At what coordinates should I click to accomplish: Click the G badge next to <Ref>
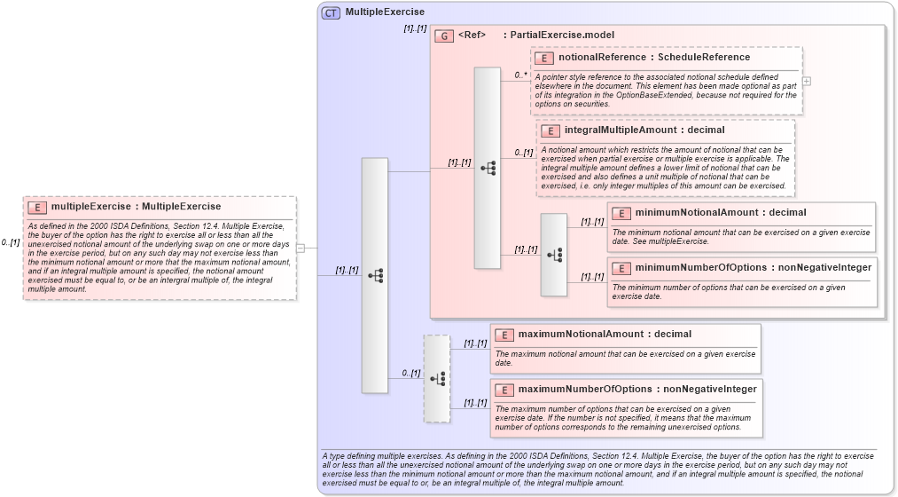444,35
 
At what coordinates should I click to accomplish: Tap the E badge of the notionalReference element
544,58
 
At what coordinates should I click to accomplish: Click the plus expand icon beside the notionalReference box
806,81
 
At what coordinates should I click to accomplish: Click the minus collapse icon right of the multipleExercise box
300,248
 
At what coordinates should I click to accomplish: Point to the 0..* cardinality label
522,75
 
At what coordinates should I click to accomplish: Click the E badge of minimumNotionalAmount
621,213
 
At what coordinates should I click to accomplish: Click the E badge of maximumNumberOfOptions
504,390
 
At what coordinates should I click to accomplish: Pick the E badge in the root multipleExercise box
37,207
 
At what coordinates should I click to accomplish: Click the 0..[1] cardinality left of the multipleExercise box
11,242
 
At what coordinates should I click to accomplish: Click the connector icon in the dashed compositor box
437,378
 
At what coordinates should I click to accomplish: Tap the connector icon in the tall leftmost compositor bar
375,275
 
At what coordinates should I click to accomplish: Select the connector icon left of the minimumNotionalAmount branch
554,255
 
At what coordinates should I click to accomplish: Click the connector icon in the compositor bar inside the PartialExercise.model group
488,167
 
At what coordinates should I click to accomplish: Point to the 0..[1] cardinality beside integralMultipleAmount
524,153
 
